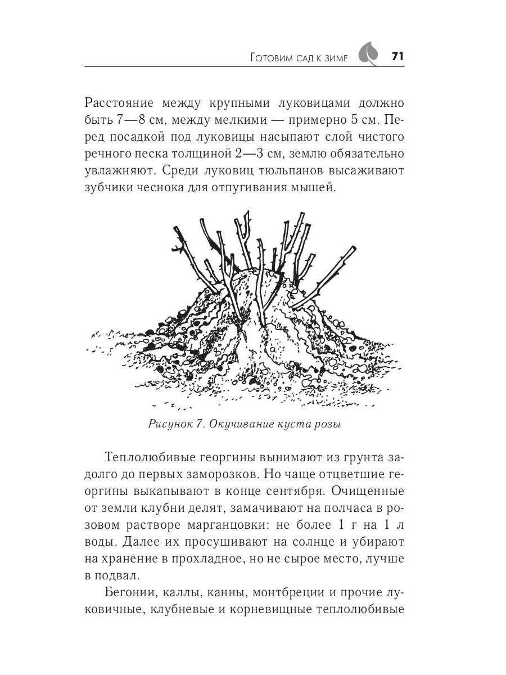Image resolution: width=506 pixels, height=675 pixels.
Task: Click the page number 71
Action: [397, 57]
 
